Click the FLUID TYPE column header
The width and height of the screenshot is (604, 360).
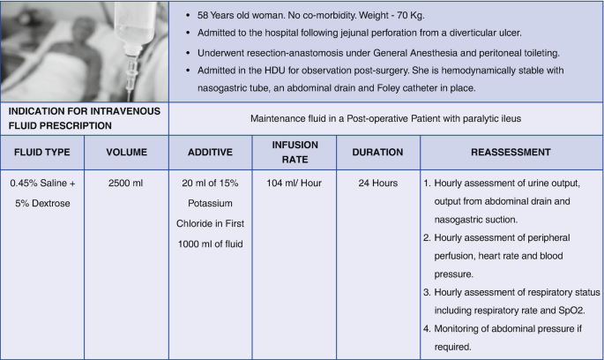pyautogui.click(x=41, y=152)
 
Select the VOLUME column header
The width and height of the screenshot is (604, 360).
pyautogui.click(x=126, y=152)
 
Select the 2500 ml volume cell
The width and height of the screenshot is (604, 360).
pyautogui.click(x=126, y=184)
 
